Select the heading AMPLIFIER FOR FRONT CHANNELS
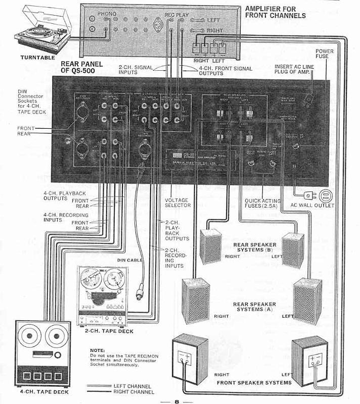tap(275, 12)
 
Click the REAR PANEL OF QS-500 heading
tap(81, 68)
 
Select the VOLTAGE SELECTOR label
tap(177, 203)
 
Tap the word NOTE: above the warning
tap(97, 350)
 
